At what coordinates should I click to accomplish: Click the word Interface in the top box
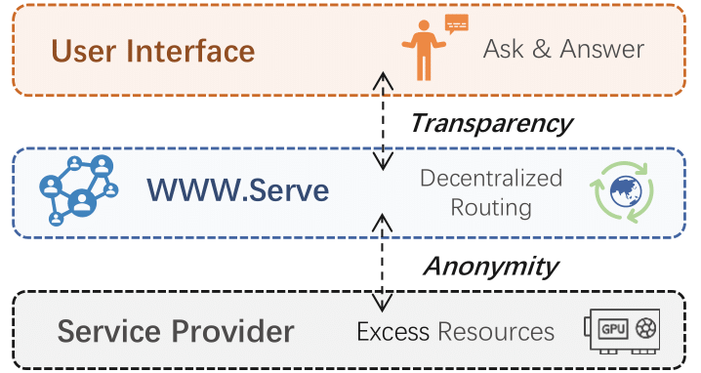pos(193,50)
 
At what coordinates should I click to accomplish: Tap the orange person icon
pos(423,52)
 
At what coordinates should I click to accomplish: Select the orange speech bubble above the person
pos(456,23)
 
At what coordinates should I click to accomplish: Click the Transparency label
pos(489,123)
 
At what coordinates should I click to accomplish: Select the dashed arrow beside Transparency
pos(383,123)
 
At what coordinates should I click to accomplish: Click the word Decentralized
pos(491,178)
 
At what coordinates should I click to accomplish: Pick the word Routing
pos(491,207)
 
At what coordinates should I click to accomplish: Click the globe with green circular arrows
pos(621,193)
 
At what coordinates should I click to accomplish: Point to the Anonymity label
pos(490,266)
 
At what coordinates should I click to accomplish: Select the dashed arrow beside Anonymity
pos(383,266)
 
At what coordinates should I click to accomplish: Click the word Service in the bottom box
pos(107,331)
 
